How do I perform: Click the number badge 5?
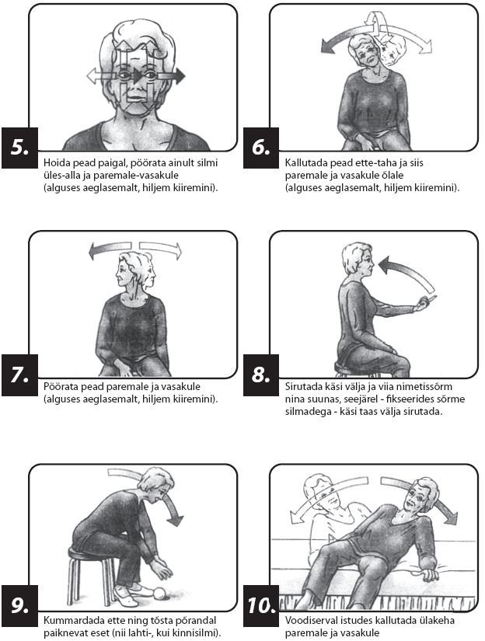tap(19, 148)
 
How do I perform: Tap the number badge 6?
tap(261, 148)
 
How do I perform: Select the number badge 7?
tap(19, 374)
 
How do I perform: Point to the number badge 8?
tap(261, 374)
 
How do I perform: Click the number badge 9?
tap(19, 605)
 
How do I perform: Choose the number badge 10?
tap(261, 605)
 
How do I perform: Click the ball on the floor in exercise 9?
tap(159, 593)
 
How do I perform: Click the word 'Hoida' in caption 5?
tap(57, 162)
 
